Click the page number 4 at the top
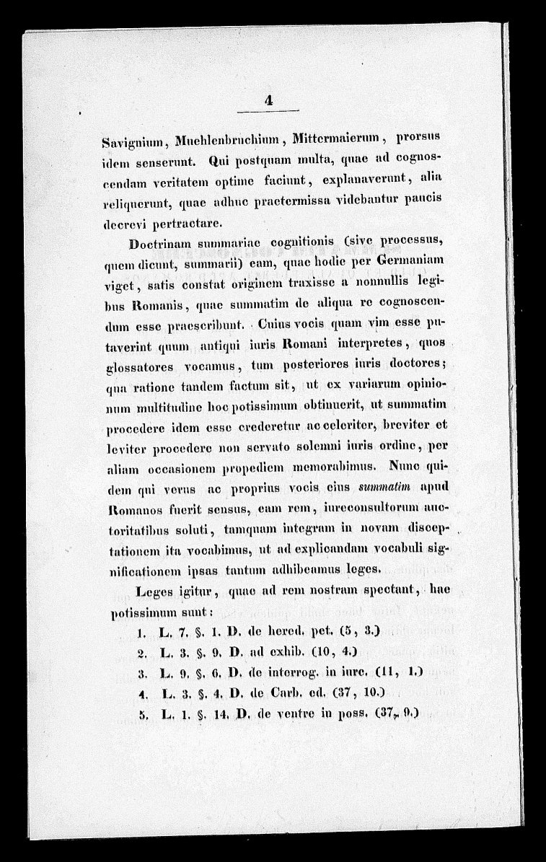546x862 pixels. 268,102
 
